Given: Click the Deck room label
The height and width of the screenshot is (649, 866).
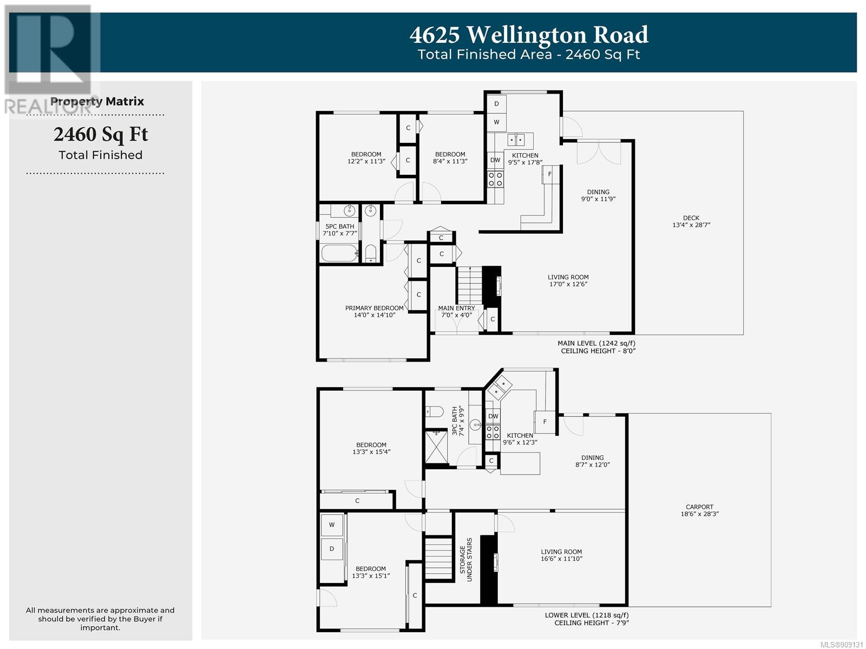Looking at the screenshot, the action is [691, 221].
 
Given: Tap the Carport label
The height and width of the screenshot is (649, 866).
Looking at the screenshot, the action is [699, 510].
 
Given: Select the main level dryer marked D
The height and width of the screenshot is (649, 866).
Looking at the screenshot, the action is [496, 104].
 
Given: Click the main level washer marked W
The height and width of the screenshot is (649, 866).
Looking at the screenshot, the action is [496, 122].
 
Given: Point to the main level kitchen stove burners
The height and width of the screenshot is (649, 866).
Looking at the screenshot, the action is [496, 178].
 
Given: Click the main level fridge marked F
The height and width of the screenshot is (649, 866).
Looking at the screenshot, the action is [550, 174].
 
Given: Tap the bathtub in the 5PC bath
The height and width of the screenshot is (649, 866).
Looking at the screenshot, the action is [339, 253].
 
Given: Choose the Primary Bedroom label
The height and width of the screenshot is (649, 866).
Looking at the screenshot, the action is [375, 311].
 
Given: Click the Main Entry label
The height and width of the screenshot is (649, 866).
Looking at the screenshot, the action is [456, 311].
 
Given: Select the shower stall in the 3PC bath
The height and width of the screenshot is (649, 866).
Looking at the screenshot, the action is [436, 448].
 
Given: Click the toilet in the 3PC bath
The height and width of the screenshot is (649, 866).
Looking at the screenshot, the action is [435, 411].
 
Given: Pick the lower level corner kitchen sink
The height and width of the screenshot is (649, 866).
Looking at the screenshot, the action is [500, 386].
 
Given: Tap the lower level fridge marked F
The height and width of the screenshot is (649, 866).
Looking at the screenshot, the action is [545, 422].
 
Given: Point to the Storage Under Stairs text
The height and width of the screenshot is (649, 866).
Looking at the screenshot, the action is [466, 560].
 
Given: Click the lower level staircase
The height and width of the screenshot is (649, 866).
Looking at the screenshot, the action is [438, 558].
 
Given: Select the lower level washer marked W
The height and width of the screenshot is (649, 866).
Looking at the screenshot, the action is [332, 525].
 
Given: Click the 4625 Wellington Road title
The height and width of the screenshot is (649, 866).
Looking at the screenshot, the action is [529, 35].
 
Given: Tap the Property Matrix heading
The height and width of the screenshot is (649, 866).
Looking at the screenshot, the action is [97, 102].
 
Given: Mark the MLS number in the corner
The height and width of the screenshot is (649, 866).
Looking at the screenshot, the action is [842, 645].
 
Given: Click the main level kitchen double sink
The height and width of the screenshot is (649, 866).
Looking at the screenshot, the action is [516, 140].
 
